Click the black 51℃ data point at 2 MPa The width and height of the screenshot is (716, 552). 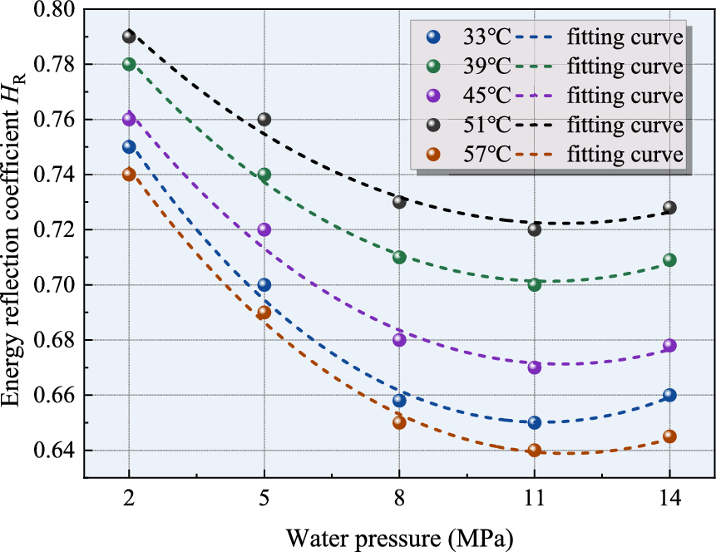[x=129, y=37]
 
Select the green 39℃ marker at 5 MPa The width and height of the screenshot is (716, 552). [x=264, y=175]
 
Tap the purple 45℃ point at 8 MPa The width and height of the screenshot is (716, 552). [x=399, y=339]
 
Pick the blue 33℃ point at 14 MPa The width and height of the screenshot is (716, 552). [x=669, y=395]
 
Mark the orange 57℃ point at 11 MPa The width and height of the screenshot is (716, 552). [x=534, y=450]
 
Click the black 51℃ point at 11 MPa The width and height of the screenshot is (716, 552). [x=534, y=229]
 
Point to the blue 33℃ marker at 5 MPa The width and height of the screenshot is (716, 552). [x=264, y=284]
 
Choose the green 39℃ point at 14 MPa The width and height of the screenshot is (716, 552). [x=669, y=260]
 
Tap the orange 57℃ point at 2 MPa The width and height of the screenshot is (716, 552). [x=129, y=174]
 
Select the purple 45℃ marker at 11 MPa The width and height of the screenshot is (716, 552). [x=534, y=367]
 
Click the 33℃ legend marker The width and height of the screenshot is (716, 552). [x=431, y=37]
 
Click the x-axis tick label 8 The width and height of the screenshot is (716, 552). [x=399, y=500]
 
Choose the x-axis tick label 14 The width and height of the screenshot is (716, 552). [x=669, y=500]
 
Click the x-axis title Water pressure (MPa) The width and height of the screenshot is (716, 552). [x=399, y=538]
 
